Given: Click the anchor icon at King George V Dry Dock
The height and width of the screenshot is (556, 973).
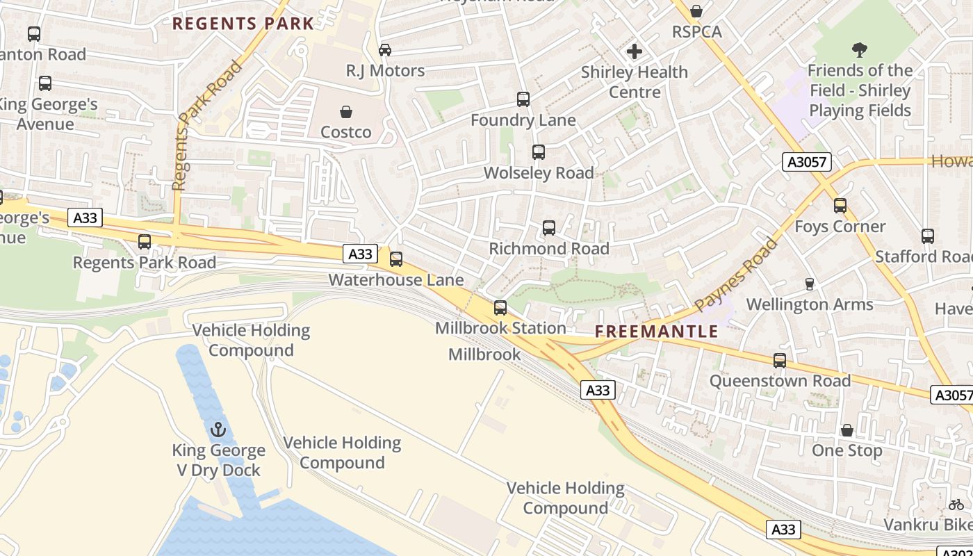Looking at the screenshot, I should [219, 430].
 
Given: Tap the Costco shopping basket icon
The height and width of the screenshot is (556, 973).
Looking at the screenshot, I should [345, 112].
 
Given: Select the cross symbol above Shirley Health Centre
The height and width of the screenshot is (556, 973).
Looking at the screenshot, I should [634, 51].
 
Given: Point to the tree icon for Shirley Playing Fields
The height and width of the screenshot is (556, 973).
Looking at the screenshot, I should [860, 50].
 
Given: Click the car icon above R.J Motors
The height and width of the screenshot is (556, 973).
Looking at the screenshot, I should [384, 50].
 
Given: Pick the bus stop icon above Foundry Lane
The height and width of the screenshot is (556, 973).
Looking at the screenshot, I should [523, 99].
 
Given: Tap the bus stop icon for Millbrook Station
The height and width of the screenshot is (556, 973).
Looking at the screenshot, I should [500, 308].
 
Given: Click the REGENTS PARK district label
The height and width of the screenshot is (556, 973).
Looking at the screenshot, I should [243, 24].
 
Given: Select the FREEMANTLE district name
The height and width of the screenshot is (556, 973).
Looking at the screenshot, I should [657, 332].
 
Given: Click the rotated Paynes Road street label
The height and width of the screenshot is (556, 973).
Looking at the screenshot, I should [736, 275].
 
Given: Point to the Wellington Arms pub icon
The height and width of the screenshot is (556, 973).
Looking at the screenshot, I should [809, 284].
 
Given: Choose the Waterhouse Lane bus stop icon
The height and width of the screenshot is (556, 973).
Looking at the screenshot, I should [396, 259].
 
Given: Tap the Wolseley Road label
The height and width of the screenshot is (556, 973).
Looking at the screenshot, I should [539, 172].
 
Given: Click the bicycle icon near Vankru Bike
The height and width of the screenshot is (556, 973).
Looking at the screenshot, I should [956, 505].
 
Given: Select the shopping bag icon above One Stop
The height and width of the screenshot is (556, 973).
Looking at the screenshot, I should [847, 430].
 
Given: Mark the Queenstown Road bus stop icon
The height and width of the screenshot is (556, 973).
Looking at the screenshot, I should [780, 361].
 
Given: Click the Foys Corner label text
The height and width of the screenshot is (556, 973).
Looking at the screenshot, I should [840, 227].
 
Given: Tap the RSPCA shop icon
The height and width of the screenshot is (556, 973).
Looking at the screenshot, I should [696, 12].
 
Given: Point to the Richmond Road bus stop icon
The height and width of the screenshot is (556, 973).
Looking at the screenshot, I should [549, 228].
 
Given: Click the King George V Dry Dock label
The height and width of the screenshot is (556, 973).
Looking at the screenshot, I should [219, 460].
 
